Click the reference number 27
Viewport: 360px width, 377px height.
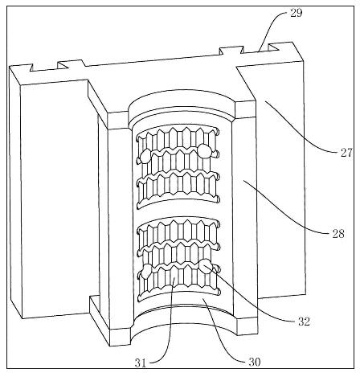346,153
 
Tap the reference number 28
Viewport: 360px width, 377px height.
338,234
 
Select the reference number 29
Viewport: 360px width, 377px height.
297,13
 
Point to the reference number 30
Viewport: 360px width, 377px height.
255,363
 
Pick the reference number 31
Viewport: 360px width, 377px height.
141,363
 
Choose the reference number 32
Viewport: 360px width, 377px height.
304,322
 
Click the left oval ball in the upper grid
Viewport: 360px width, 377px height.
145,157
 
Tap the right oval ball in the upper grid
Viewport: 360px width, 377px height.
204,150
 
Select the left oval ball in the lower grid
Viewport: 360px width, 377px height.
146,271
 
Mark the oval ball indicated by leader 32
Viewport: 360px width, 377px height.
206,266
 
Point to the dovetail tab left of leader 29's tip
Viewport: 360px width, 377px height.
231,50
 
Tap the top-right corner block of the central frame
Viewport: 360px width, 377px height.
245,110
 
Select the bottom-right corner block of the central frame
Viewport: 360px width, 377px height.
247,326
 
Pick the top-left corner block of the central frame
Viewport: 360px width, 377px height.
118,121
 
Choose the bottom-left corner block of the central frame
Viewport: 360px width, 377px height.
120,337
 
